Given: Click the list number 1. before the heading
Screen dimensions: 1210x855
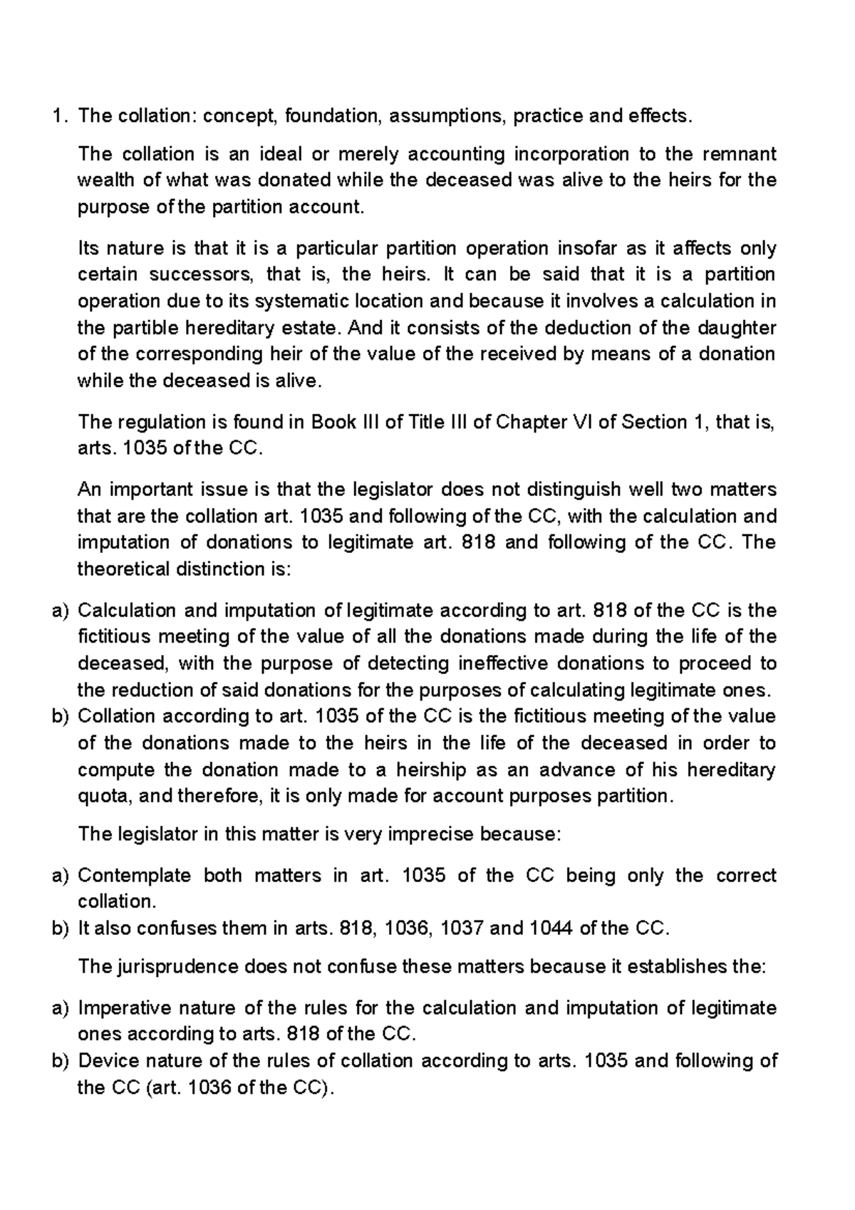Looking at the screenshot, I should point(58,115).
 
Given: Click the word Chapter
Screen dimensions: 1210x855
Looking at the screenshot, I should point(528,422).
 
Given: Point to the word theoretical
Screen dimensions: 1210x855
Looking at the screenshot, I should point(123,569).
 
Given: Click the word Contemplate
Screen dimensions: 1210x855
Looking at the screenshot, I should point(133,875).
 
